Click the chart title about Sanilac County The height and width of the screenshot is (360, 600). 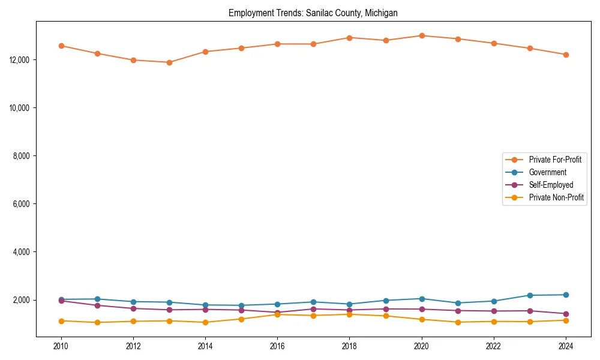click(x=313, y=13)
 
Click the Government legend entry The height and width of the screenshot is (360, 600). click(x=547, y=172)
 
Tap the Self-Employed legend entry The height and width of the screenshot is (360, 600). click(x=551, y=185)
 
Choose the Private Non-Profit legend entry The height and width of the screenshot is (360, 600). click(x=556, y=197)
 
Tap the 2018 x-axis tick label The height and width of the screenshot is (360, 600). click(x=350, y=346)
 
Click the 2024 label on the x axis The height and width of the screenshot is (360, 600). click(x=566, y=346)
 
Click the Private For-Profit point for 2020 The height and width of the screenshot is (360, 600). click(x=422, y=35)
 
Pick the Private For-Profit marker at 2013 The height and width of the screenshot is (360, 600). click(x=169, y=62)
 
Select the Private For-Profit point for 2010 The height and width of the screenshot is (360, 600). click(x=61, y=46)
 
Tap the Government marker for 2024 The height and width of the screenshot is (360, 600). click(x=566, y=295)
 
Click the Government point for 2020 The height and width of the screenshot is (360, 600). click(x=422, y=299)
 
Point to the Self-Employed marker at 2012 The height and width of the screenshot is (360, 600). click(x=133, y=308)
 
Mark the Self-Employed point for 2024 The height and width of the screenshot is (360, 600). click(x=566, y=314)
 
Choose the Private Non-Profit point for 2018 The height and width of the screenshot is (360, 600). click(x=350, y=314)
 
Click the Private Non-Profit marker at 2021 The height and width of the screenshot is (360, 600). click(x=458, y=322)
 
